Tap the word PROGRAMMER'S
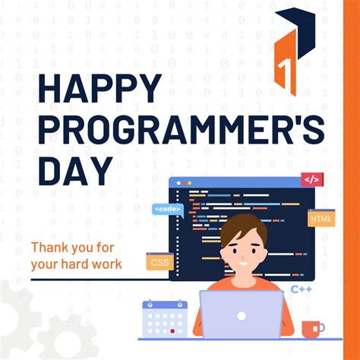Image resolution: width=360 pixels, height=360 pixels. pos(182,131)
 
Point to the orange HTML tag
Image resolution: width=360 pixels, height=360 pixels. pos(321,218)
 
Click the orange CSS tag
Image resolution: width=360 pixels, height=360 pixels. pos(159,262)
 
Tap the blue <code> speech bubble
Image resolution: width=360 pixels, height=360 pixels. pos(167,208)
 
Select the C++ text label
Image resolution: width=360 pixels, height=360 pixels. pos(302,289)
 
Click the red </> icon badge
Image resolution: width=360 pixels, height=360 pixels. pos(311,180)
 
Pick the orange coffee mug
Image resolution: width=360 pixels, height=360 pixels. pos(311,329)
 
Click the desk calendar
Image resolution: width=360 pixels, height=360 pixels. pos(165,317)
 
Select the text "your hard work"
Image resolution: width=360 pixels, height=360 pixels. pos(76,264)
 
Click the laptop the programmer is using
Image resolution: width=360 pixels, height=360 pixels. pos(242,315)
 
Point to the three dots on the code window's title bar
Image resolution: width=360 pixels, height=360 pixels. pos(182,184)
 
